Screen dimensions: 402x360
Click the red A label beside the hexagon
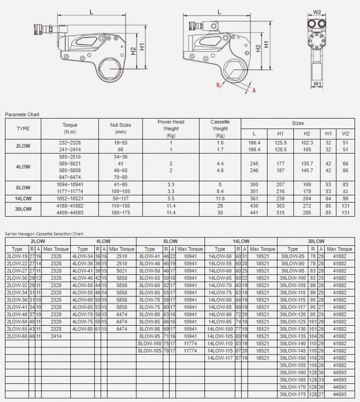[x=254, y=90]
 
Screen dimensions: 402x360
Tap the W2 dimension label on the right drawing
[x=317, y=12]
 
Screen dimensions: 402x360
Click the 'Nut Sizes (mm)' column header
[x=121, y=128]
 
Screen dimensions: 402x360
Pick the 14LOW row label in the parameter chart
[x=23, y=198]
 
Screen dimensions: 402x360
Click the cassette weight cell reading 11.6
[x=220, y=198]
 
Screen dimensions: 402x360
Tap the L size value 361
[x=254, y=198]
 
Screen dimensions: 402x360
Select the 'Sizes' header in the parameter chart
[x=298, y=123]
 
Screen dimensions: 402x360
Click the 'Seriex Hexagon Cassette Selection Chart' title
[x=44, y=234]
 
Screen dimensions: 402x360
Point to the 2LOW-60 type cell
[x=17, y=336]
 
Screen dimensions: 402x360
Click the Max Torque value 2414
[x=56, y=336]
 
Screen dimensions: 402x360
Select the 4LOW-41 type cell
[x=83, y=271]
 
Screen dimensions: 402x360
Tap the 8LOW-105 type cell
[x=150, y=351]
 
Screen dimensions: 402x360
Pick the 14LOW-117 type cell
[x=220, y=358]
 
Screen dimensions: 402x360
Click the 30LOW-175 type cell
[x=293, y=394]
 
